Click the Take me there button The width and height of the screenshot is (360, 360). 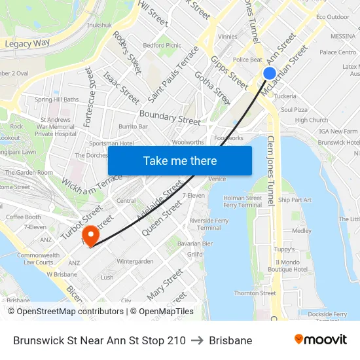(180, 160)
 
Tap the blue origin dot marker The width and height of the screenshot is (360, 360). (270, 73)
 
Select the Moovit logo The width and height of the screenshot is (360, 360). (320, 340)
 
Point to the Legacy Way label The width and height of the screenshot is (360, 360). (27, 44)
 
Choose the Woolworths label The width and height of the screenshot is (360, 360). (187, 141)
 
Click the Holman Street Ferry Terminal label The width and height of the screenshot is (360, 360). (242, 201)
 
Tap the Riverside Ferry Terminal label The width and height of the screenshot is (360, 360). (209, 225)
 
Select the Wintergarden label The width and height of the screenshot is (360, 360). (135, 261)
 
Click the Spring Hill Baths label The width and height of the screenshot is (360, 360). (56, 99)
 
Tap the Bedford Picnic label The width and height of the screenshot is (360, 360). (162, 46)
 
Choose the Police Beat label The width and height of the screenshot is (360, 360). (247, 60)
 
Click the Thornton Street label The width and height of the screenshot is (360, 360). (255, 293)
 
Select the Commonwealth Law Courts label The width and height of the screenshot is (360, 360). (37, 259)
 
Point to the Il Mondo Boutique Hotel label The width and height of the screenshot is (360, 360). (287, 265)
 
